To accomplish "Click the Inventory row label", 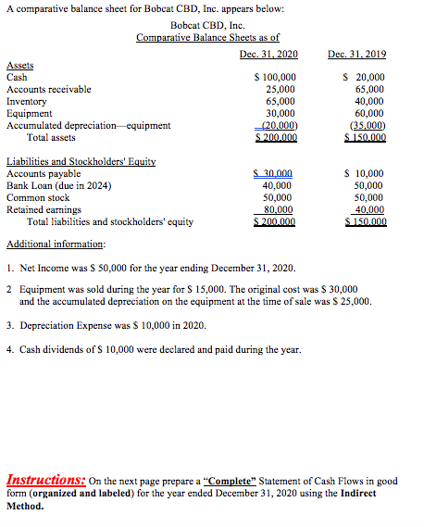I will (26, 101).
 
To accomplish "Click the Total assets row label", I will (52, 137).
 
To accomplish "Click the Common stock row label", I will (38, 197).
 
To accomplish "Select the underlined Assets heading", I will (19, 66).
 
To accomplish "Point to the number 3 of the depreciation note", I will (9, 326).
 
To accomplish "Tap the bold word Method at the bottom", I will (25, 507).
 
